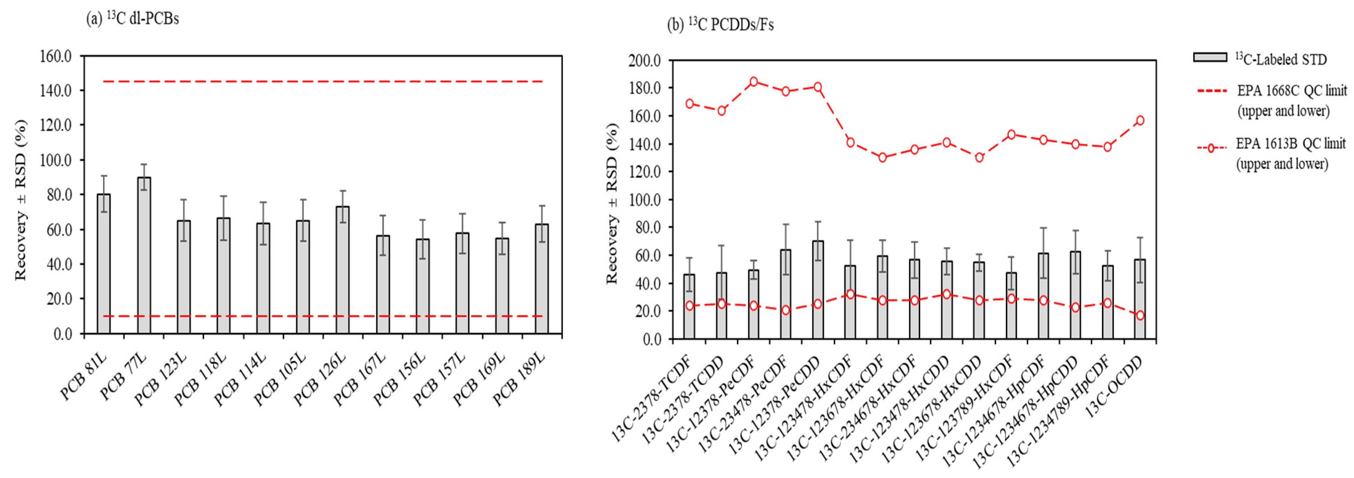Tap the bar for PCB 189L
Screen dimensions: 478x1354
[542, 279]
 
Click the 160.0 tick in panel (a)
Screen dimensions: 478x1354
[56, 56]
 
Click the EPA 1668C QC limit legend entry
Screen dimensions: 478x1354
[1272, 100]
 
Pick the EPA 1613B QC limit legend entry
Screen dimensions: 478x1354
[1272, 153]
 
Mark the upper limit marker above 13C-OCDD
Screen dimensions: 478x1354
[1140, 120]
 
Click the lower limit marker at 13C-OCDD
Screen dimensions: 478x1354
[1140, 316]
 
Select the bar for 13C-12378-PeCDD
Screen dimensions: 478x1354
[818, 289]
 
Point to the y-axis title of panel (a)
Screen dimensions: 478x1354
[20, 200]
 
